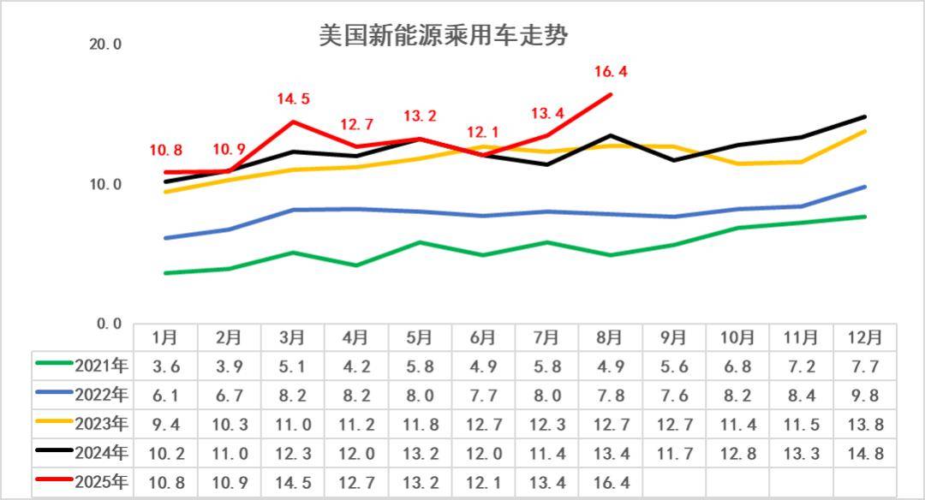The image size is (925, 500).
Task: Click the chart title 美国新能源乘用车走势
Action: point(444,36)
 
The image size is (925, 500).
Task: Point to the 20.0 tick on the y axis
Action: point(105,45)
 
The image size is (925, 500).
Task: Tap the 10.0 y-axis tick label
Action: point(105,184)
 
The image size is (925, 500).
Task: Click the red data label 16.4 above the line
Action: point(611,73)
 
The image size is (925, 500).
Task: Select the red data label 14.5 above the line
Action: point(293,99)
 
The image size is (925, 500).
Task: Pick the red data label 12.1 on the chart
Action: point(483,133)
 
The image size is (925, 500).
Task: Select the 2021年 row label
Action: point(101,366)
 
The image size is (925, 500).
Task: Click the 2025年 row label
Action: point(101,481)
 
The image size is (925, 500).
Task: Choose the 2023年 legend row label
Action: point(101,424)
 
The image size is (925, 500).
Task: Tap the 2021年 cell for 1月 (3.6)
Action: point(166,366)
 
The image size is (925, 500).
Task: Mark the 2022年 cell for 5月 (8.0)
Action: point(420,396)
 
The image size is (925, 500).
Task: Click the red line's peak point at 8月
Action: point(610,94)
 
